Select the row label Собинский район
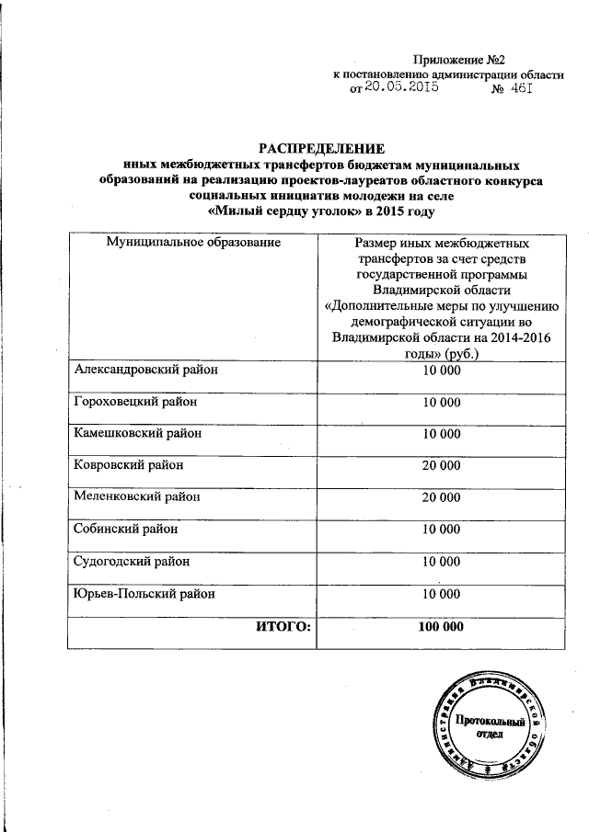(x=126, y=529)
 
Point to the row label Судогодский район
(x=133, y=560)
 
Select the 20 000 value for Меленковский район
(x=441, y=497)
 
